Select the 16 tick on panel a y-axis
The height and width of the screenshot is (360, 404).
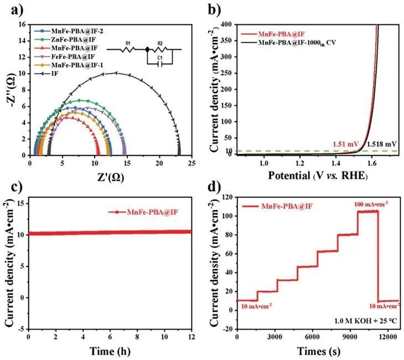(x=22, y=24)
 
